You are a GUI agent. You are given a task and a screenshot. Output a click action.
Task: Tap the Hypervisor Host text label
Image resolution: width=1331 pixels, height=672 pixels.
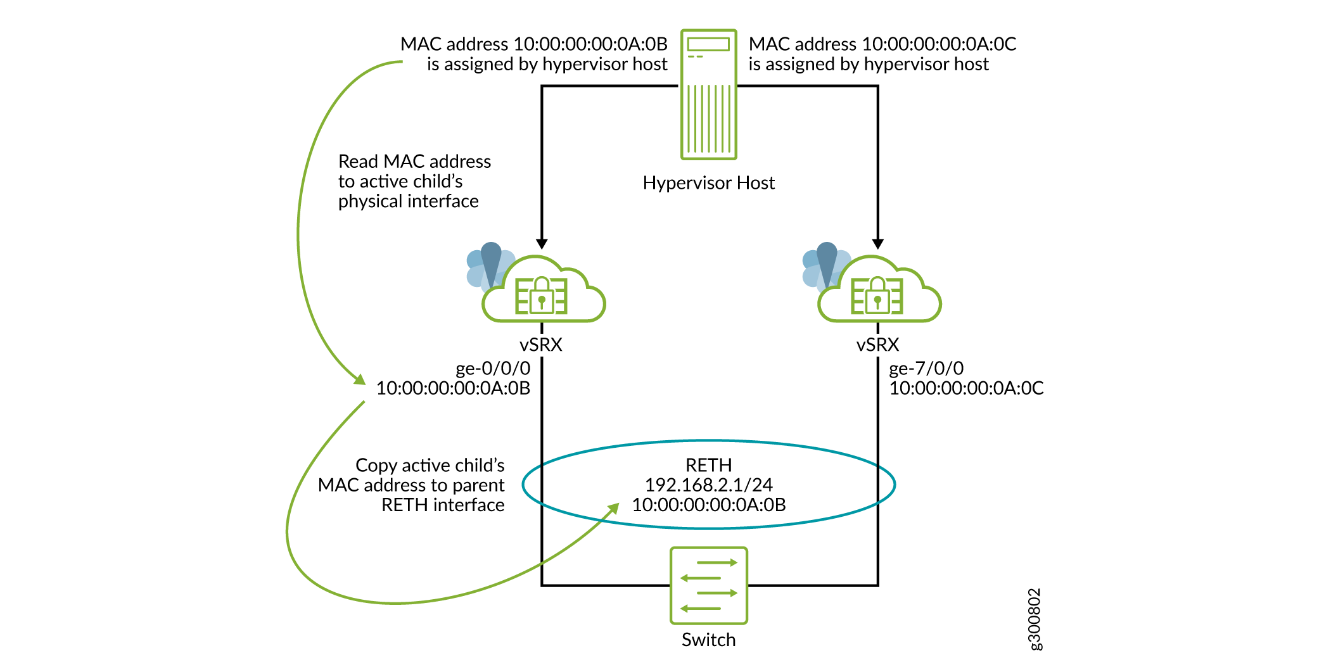[x=708, y=183]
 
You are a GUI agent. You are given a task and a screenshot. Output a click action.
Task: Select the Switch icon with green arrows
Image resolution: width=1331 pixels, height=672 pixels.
[x=708, y=585]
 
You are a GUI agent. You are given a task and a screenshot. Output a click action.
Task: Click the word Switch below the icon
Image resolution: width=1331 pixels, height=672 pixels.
[x=708, y=640]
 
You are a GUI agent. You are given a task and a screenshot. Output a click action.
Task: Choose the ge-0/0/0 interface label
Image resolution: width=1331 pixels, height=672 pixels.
[x=493, y=368]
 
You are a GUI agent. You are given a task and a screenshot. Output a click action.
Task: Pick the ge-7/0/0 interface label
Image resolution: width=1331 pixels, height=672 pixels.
[x=926, y=368]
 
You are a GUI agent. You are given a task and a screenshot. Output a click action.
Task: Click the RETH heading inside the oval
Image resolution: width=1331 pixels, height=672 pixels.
[x=708, y=465]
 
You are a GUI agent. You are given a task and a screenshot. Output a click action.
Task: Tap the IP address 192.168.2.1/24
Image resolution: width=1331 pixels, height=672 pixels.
[x=708, y=485]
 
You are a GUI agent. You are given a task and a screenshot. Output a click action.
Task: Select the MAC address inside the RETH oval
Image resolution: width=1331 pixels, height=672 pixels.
[x=708, y=505]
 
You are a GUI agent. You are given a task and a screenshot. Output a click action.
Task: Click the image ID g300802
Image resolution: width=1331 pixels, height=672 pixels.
[x=1034, y=619]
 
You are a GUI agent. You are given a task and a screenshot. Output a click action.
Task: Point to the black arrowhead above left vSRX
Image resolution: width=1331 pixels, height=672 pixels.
[x=542, y=244]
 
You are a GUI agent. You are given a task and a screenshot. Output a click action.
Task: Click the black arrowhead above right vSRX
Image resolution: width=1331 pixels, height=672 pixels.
[x=877, y=244]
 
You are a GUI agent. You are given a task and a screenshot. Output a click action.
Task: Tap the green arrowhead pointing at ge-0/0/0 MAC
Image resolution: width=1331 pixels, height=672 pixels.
[x=360, y=379]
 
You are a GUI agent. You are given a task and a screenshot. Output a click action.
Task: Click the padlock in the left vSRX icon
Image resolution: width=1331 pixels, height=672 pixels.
[x=542, y=295]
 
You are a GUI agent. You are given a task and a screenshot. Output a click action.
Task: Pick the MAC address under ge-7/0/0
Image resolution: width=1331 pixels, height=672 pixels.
[x=966, y=388]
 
